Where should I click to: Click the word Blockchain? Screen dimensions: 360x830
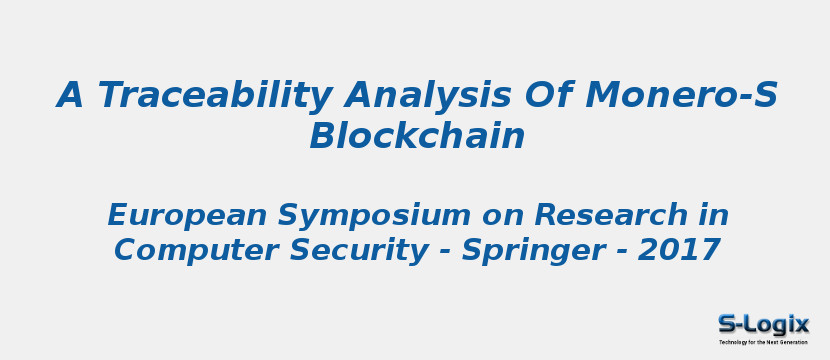click(x=417, y=137)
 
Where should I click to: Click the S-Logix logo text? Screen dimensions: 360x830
click(x=764, y=324)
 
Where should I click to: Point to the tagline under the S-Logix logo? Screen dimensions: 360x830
click(x=764, y=342)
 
